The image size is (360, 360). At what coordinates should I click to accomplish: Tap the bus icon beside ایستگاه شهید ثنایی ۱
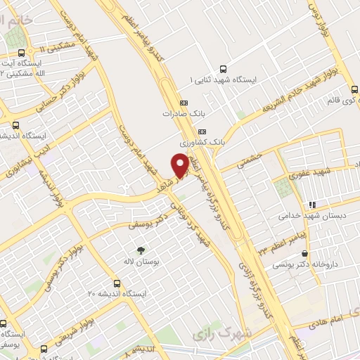click(224, 69)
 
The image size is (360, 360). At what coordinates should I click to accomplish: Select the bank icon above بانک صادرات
click(184, 101)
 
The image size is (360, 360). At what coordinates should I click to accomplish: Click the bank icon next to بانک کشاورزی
click(202, 131)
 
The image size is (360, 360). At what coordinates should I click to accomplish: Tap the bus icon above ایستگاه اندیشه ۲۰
click(116, 283)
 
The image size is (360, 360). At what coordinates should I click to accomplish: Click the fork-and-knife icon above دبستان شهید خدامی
click(312, 205)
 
